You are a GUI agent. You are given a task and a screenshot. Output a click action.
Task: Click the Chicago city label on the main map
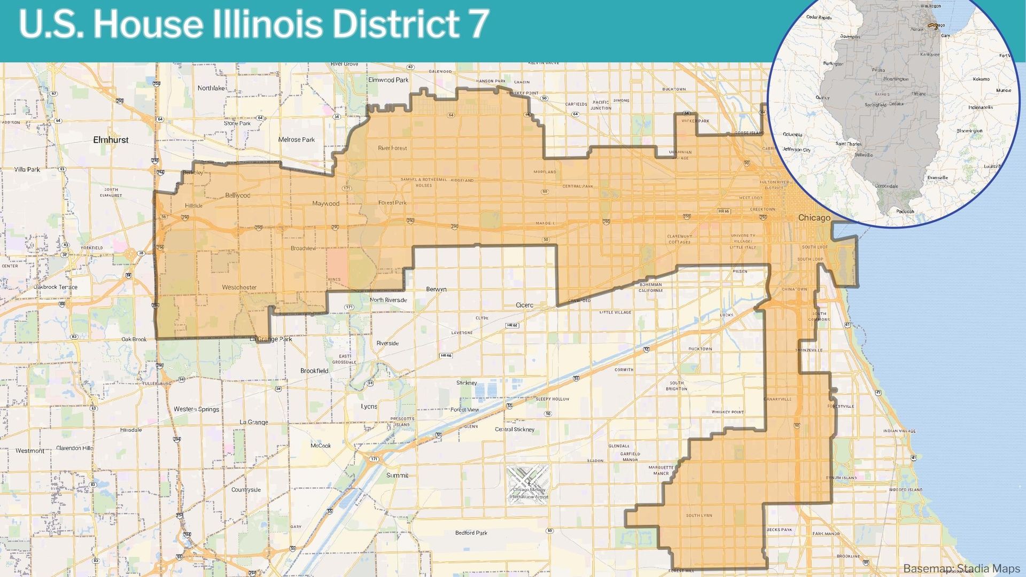point(814,218)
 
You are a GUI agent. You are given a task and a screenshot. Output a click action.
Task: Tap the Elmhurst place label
point(111,140)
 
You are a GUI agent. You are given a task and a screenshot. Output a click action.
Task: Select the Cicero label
point(524,306)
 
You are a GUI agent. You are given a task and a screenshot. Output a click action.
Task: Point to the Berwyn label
point(436,290)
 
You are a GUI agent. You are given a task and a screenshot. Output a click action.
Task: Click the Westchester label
point(239,287)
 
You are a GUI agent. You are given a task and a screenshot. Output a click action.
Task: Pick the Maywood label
point(325,204)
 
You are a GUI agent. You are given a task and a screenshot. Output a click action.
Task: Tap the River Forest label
point(392,148)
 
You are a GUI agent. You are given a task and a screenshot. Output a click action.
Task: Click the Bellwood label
point(237,196)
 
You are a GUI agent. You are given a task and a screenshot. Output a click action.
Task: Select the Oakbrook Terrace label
point(56,287)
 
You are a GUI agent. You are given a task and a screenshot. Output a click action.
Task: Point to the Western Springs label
point(196,409)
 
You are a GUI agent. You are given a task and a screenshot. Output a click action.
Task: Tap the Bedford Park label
point(471,533)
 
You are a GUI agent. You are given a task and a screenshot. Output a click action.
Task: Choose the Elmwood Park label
point(388,80)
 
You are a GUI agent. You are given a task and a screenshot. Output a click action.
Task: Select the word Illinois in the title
point(267,24)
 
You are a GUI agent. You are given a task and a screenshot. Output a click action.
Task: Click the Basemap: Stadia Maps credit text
point(961,568)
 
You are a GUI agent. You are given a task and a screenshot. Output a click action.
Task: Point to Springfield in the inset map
point(875,105)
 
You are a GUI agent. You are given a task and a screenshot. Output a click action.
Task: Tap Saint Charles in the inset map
point(848,144)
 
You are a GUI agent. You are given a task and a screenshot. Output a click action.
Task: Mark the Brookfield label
point(314,371)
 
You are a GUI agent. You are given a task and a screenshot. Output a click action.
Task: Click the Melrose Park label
point(297,140)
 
